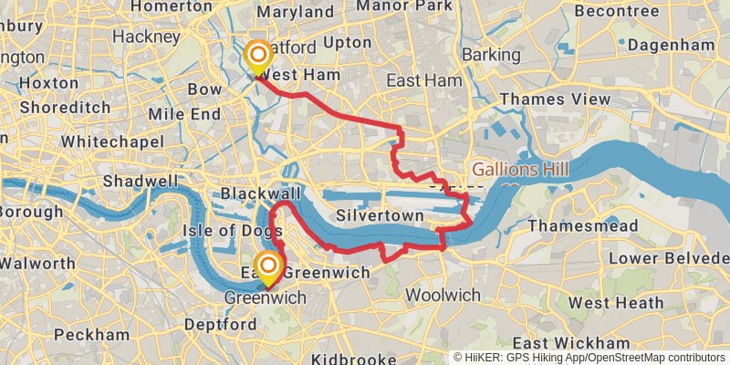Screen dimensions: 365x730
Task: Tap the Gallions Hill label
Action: click(520, 171)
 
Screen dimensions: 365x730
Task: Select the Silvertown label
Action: click(380, 216)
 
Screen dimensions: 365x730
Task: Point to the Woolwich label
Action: click(443, 295)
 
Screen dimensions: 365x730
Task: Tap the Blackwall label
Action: click(261, 194)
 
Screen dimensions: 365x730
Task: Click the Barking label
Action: click(491, 56)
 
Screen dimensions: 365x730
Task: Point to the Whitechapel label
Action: click(112, 142)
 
